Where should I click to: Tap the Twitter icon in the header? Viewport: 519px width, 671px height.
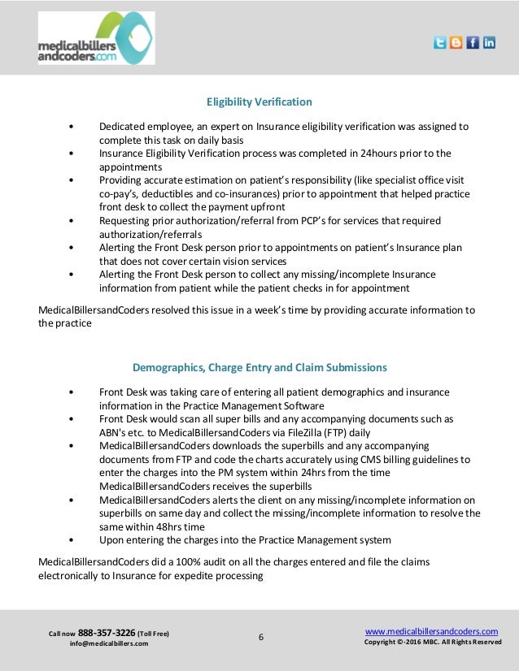[440, 43]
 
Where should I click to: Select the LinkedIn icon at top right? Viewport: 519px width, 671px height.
[489, 43]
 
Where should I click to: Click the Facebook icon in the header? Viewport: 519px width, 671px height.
[473, 43]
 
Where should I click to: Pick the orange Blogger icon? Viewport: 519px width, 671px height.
[456, 43]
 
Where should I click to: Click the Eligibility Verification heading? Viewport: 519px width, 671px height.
[259, 102]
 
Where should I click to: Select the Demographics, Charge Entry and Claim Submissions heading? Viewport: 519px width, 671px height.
[259, 367]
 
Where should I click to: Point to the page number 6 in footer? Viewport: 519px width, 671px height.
[261, 637]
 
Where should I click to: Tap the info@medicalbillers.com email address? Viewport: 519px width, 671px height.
[109, 644]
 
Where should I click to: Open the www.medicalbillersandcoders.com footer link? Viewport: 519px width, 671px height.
[431, 631]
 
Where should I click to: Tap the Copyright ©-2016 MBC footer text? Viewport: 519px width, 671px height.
[432, 643]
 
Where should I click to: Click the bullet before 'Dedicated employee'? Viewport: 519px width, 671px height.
[74, 128]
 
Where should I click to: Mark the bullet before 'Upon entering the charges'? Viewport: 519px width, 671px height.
[74, 540]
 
